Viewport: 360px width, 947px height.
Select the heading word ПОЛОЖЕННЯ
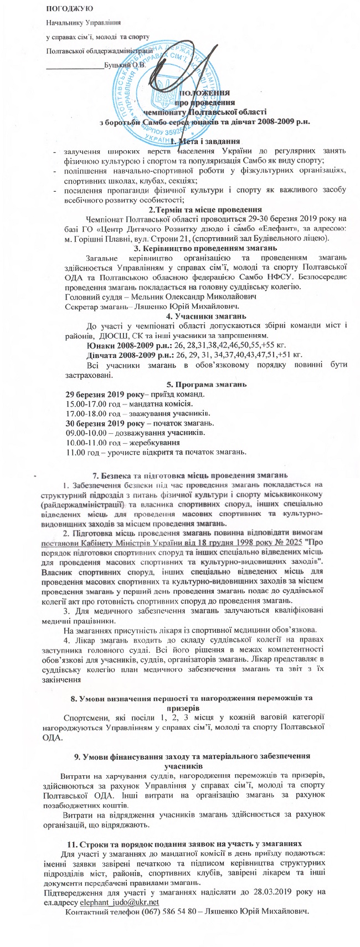tap(205, 93)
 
